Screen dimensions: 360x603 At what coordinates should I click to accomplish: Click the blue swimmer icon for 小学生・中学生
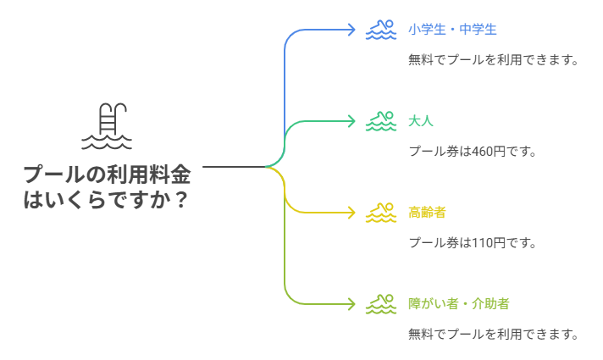[x=380, y=30]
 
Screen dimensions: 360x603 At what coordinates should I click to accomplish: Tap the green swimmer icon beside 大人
[x=380, y=121]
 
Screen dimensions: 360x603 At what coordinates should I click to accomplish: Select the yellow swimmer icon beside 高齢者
[x=380, y=213]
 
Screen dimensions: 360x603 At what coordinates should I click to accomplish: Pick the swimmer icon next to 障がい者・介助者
[x=380, y=303]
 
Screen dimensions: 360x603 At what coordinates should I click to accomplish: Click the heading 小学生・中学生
[x=451, y=30]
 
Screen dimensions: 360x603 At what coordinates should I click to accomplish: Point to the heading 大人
[x=420, y=121]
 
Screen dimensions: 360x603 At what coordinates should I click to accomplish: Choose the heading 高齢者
[x=427, y=213]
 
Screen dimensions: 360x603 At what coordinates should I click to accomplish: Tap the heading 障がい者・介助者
[x=458, y=303]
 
